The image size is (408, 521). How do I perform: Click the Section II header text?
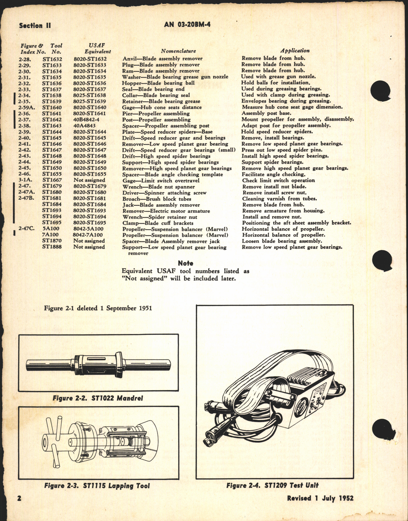(35, 26)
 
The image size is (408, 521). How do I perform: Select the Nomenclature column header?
(178, 51)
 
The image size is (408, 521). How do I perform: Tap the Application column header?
(295, 51)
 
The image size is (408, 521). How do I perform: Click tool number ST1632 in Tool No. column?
(52, 59)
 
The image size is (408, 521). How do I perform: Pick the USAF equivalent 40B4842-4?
(87, 120)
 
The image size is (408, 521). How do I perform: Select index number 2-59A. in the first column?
(27, 108)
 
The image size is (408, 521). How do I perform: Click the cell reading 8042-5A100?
(88, 229)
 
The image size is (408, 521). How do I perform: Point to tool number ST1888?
(52, 247)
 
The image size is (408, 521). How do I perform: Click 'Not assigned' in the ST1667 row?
(89, 180)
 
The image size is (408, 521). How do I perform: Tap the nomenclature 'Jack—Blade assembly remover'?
(161, 205)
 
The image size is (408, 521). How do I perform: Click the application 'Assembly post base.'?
(266, 113)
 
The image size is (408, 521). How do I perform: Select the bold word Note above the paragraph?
(186, 263)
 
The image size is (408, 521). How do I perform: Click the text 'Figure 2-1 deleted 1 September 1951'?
(98, 308)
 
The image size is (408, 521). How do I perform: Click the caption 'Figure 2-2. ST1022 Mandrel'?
(98, 398)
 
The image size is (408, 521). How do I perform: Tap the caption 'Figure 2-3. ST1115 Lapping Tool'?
(97, 486)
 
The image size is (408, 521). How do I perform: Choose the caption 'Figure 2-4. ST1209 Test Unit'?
(272, 485)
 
